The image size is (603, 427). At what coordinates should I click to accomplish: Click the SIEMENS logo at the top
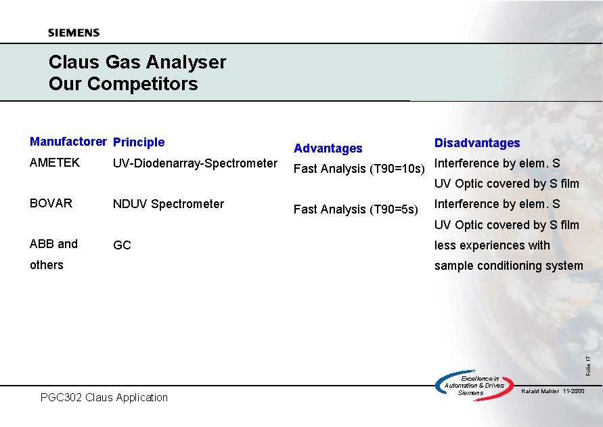pos(74,33)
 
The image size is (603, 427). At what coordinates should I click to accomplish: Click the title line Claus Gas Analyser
pos(137,62)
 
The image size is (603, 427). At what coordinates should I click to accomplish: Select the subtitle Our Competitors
pos(123,84)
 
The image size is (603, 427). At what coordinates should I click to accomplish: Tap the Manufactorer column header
pos(68,142)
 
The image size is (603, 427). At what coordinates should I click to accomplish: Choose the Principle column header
pos(139,142)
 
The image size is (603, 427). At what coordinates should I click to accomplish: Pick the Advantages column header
pos(328,148)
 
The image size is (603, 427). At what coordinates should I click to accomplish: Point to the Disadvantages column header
pos(477,143)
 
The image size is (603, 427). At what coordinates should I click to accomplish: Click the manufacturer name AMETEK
pos(55,163)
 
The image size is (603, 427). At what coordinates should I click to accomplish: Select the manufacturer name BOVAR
pos(51,203)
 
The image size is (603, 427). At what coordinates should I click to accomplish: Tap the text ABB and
pos(53,244)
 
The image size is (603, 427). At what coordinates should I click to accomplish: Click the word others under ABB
pos(46,265)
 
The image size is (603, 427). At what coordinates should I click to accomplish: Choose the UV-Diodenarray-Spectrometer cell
pos(195,163)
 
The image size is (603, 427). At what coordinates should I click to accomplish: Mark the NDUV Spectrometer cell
pos(169,204)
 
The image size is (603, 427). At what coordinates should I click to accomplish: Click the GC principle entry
pos(122,245)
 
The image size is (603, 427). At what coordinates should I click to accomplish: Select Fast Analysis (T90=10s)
pos(359,169)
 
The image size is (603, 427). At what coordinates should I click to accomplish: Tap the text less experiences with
pos(492,245)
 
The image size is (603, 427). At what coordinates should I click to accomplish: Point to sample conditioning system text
pos(508,266)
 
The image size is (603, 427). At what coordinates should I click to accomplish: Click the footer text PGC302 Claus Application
pos(104,397)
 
